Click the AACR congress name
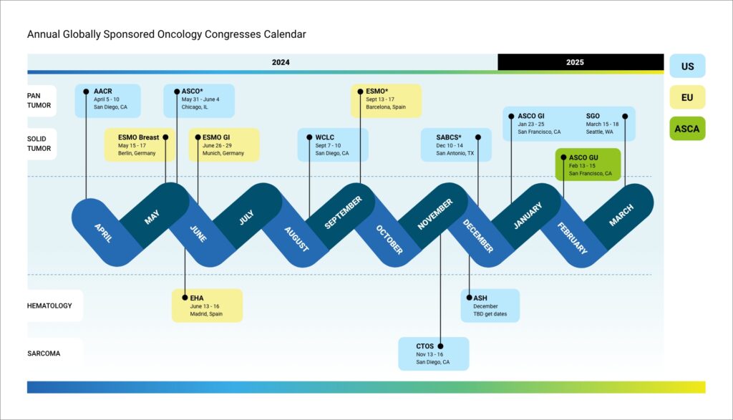pos(103,92)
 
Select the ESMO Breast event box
pos(140,145)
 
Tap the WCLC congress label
pos(325,137)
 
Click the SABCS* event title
pos(449,137)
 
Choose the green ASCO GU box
pos(588,165)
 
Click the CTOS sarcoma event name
pos(425,346)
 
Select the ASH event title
pos(480,298)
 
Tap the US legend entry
pos(687,66)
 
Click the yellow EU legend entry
pos(687,97)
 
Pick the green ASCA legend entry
pos(687,129)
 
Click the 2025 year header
pos(575,62)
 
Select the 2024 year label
pos(281,62)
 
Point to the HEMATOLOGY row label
pos(49,306)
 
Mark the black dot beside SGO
pos(625,116)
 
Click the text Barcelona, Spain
pos(386,107)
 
